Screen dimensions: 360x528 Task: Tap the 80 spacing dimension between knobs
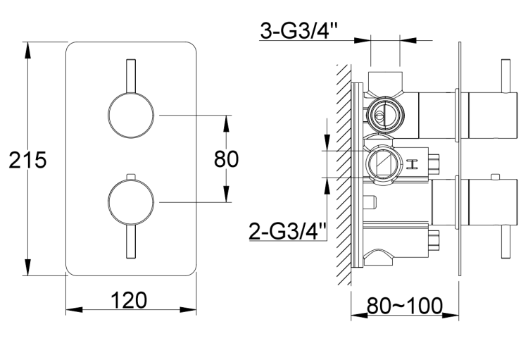[226, 159]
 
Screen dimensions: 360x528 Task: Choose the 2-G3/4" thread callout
[288, 230]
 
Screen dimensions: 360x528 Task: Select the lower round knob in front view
[130, 202]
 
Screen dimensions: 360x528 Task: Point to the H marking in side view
[413, 165]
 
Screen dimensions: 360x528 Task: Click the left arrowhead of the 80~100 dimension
[356, 314]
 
